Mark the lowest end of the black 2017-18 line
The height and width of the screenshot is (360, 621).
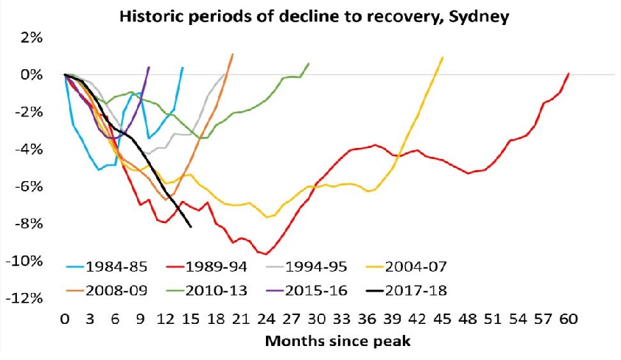click(x=191, y=227)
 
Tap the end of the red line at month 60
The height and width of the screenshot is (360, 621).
click(x=569, y=74)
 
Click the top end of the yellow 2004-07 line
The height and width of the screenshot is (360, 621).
click(x=443, y=57)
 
